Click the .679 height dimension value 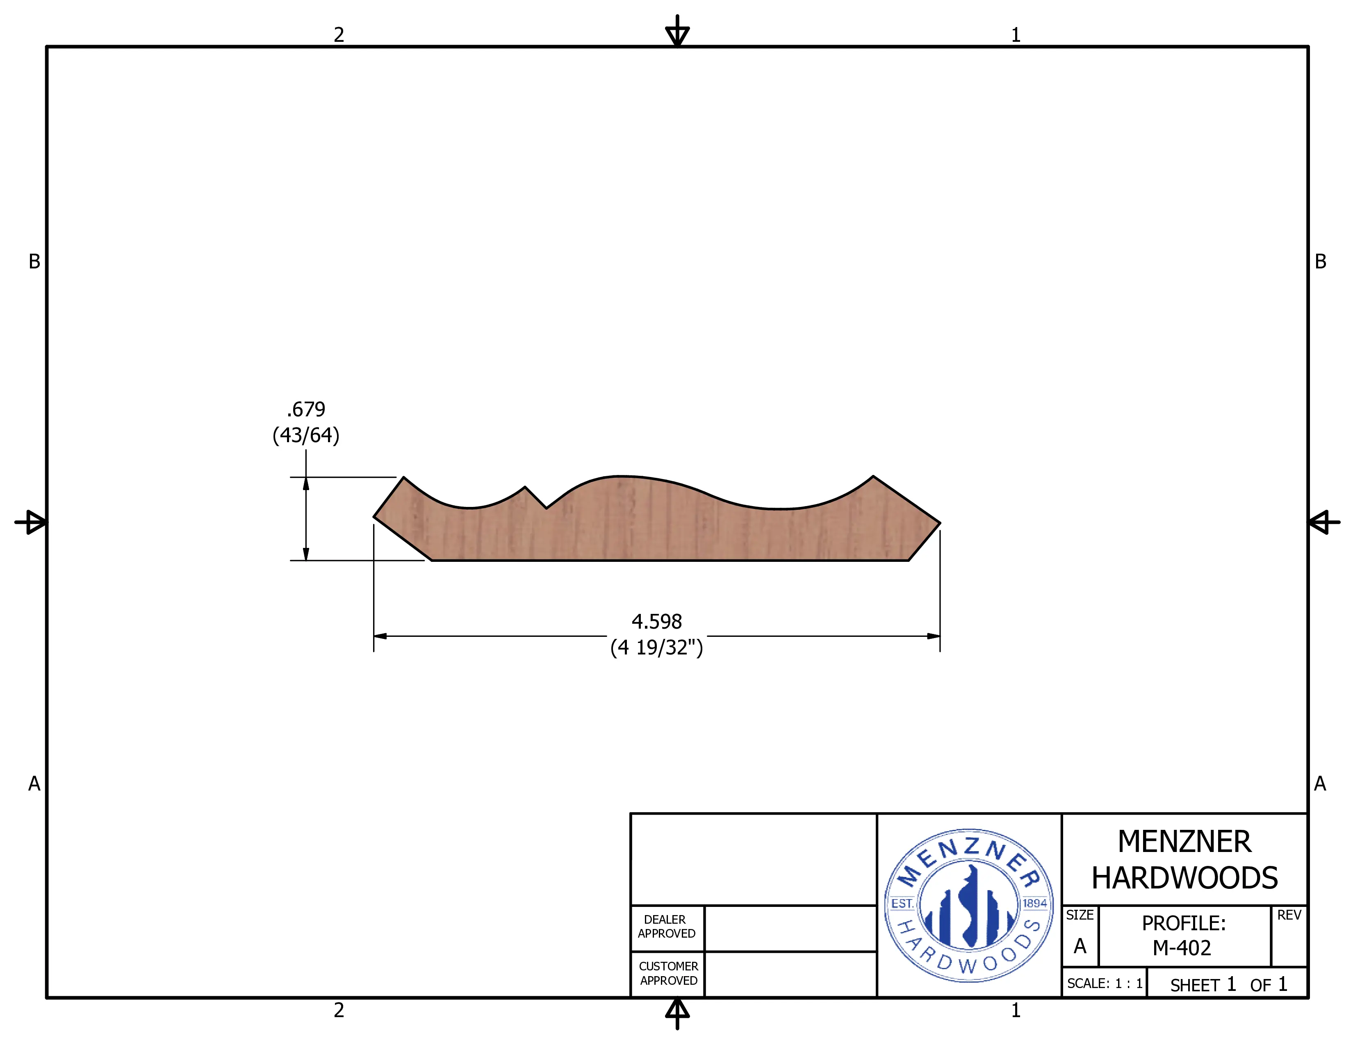pos(306,409)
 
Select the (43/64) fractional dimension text pos(306,435)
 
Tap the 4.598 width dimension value pos(657,622)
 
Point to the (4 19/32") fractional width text pos(657,647)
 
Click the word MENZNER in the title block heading pos(1184,842)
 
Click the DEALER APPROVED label pos(667,927)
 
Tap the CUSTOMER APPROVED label pos(668,973)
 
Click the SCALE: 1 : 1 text pos(1105,983)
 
